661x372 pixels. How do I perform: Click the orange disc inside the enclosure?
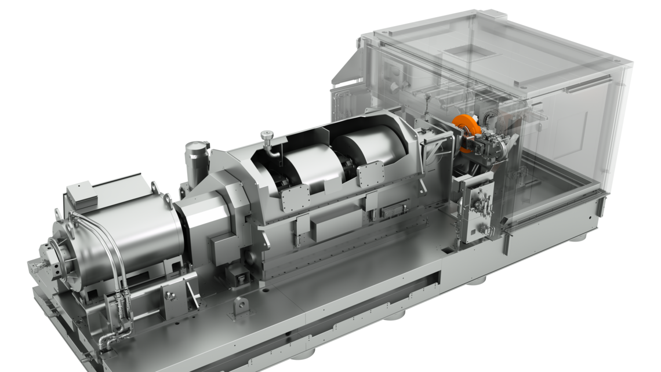pyautogui.click(x=466, y=133)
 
